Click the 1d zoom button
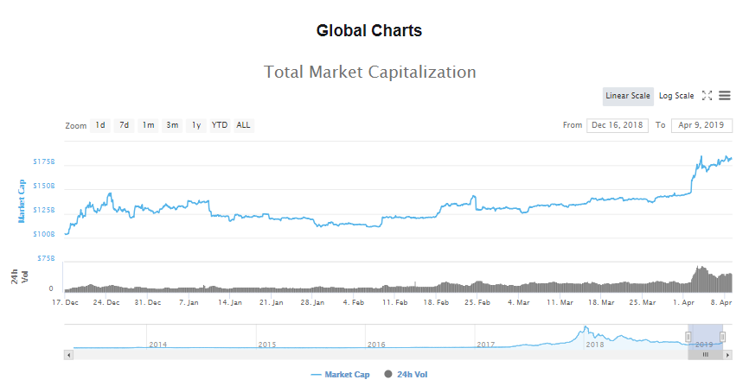pos(100,125)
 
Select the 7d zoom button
pos(125,125)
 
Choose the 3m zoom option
pos(172,125)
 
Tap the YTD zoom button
pos(220,125)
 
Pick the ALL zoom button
pos(244,125)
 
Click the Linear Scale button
pos(628,96)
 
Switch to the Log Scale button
pos(676,96)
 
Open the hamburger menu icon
pos(725,96)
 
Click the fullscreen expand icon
pos(707,96)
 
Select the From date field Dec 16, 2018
pos(618,125)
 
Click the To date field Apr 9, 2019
pos(701,125)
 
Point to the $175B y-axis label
pos(44,161)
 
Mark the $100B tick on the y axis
pos(44,234)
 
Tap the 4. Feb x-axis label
pos(354,302)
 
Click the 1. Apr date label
pos(683,302)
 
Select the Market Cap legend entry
pos(341,375)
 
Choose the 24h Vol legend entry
pos(406,375)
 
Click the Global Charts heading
pos(369,30)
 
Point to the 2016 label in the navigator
pos(376,345)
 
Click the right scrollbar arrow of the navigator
pos(727,355)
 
